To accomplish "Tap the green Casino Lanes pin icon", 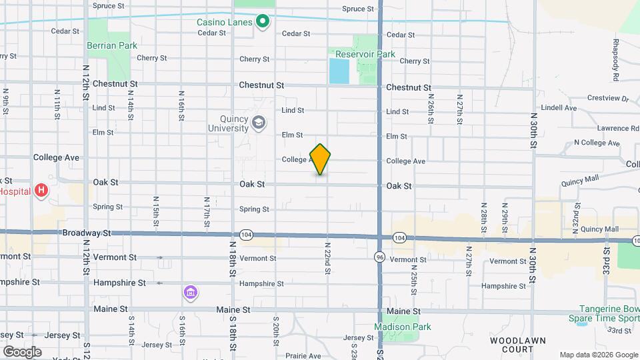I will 263,22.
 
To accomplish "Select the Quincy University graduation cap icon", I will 259,123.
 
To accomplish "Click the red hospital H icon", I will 41,191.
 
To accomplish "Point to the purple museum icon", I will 191,293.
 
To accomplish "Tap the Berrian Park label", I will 111,45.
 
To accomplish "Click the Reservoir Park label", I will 365,54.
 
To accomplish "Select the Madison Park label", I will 402,327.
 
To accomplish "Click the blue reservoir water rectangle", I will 339,71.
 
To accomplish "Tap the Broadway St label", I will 86,233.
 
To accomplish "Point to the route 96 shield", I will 379,256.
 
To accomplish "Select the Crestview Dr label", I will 608,98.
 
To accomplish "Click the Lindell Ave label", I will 559,107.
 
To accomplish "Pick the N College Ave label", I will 597,143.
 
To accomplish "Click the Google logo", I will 22,351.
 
